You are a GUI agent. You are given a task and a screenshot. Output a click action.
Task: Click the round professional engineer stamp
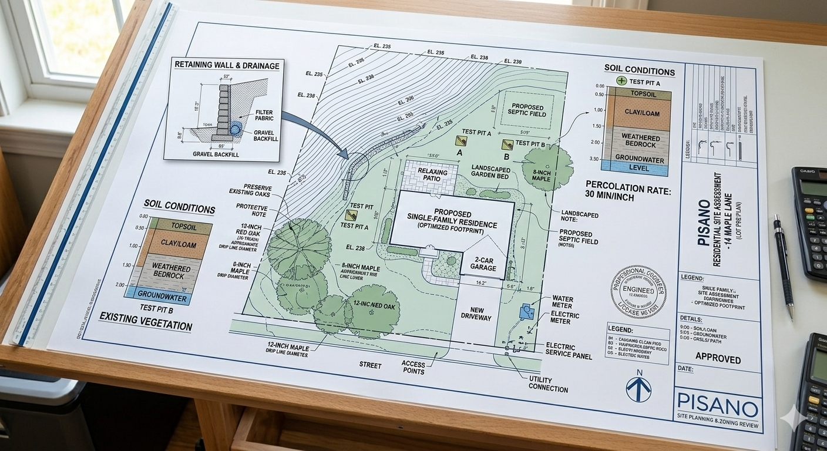(638, 292)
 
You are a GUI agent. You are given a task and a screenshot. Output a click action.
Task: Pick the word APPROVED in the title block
(718, 358)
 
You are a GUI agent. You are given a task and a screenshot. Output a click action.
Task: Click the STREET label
(370, 365)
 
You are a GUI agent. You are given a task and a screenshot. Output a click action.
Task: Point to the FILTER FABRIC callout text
(264, 115)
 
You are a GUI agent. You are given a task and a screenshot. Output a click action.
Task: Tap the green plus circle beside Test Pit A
(621, 80)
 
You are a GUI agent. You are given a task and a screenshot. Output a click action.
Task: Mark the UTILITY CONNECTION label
(548, 385)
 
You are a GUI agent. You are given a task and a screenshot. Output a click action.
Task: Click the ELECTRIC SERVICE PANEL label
(568, 351)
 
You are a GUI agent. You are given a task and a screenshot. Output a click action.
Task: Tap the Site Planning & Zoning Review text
(718, 425)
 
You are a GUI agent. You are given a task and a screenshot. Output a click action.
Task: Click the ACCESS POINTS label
(413, 367)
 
